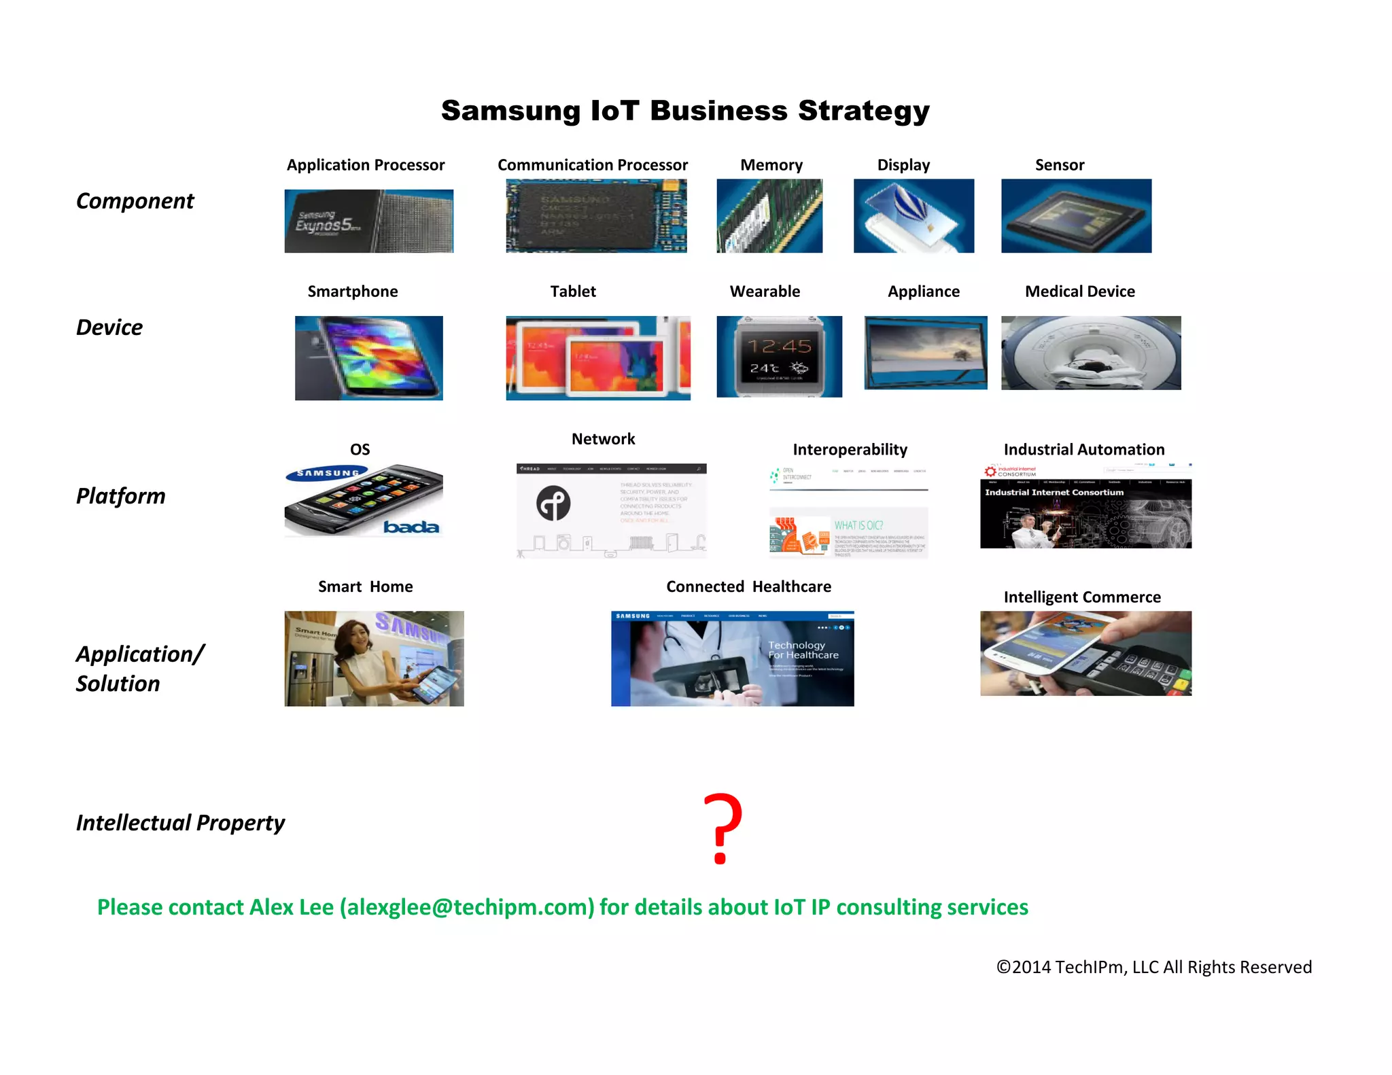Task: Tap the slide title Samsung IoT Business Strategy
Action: click(685, 111)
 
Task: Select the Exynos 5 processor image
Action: click(368, 221)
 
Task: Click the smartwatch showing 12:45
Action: click(779, 356)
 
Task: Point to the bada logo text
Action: click(411, 527)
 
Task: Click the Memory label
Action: click(771, 165)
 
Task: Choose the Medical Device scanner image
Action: click(1091, 353)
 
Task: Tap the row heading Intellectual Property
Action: click(180, 823)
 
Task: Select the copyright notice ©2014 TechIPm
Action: click(1153, 967)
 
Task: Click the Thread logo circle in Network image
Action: click(553, 504)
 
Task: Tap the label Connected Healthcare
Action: click(748, 586)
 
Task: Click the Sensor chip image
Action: click(1076, 216)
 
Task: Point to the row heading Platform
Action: click(121, 496)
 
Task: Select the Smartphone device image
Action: click(368, 357)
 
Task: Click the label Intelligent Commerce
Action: click(1082, 597)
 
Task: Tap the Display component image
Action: click(913, 216)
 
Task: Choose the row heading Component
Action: click(135, 201)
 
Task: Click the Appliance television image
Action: click(925, 353)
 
